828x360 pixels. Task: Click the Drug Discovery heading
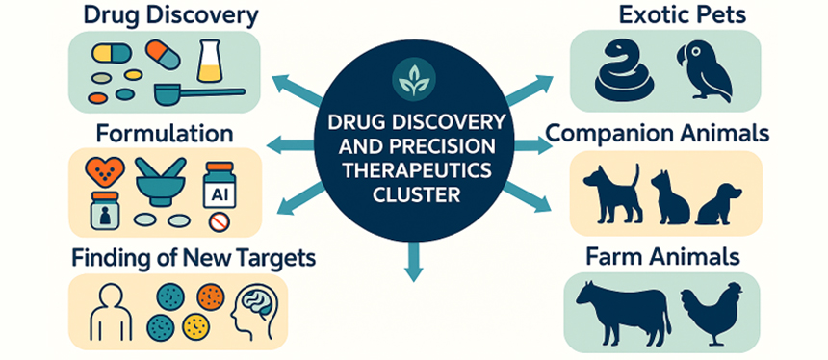click(x=170, y=15)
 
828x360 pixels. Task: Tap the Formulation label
click(x=164, y=133)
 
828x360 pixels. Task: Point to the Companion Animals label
click(x=658, y=133)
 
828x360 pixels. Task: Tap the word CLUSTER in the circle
click(x=414, y=194)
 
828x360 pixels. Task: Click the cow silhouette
click(x=622, y=310)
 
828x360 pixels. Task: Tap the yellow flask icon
click(x=210, y=61)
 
